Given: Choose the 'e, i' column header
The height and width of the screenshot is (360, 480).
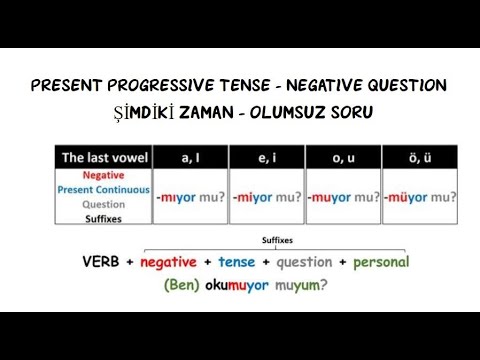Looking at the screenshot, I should click(x=265, y=158).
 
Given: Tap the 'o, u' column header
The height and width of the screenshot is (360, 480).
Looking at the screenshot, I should click(x=342, y=158).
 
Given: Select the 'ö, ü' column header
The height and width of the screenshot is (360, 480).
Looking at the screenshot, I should click(x=419, y=158).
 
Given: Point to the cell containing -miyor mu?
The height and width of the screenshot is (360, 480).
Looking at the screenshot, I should click(x=265, y=198).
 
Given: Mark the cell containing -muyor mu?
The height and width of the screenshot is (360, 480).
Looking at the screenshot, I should click(x=342, y=198).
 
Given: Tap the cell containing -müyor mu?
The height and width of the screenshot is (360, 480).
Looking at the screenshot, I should click(x=419, y=198).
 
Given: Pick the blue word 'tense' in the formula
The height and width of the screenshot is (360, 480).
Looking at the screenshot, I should click(x=237, y=262).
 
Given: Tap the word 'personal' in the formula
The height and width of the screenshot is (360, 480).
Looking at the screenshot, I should click(x=379, y=262).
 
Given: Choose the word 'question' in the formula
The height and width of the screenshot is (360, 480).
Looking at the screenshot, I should click(x=302, y=262).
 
